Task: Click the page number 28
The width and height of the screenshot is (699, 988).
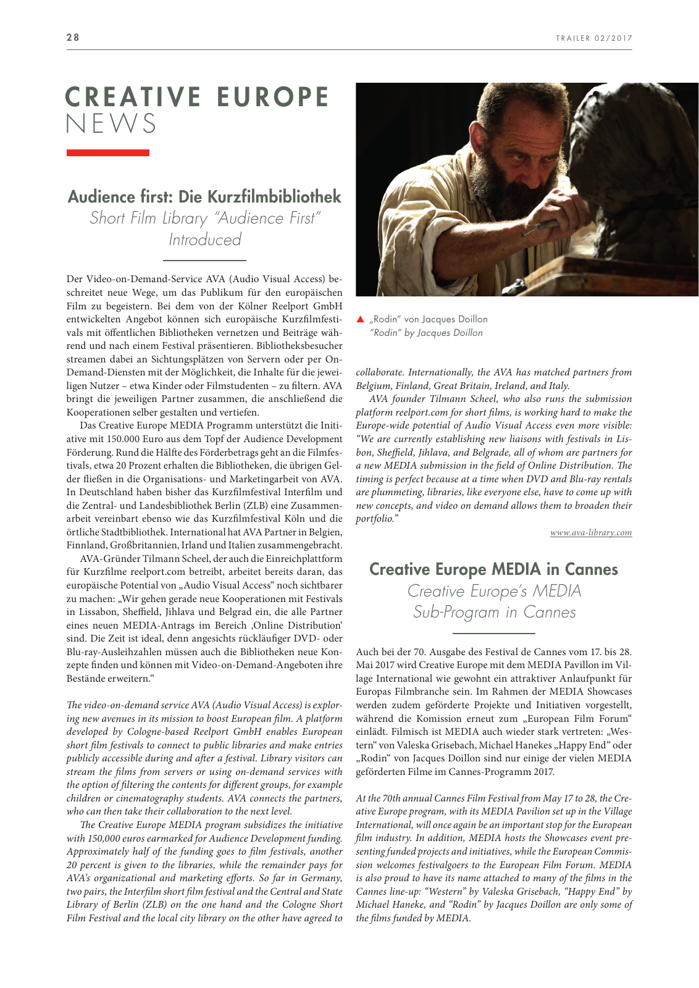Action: click(x=73, y=37)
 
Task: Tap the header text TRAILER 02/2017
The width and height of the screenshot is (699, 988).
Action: click(x=593, y=38)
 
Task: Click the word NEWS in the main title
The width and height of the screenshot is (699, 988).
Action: click(x=111, y=124)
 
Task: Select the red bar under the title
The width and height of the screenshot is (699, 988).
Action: click(x=107, y=153)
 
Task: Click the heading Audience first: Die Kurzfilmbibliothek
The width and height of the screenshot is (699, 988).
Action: click(x=204, y=196)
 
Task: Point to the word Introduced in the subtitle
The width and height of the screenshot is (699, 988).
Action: click(x=204, y=240)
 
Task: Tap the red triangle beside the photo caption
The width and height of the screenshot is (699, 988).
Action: click(x=361, y=319)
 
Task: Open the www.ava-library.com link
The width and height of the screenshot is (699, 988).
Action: click(x=591, y=532)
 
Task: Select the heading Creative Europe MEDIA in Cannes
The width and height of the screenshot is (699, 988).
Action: click(x=493, y=569)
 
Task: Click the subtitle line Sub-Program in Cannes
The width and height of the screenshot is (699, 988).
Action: click(x=494, y=612)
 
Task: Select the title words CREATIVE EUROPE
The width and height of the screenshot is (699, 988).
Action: click(x=198, y=98)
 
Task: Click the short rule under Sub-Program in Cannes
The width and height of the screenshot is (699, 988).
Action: click(x=493, y=634)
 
